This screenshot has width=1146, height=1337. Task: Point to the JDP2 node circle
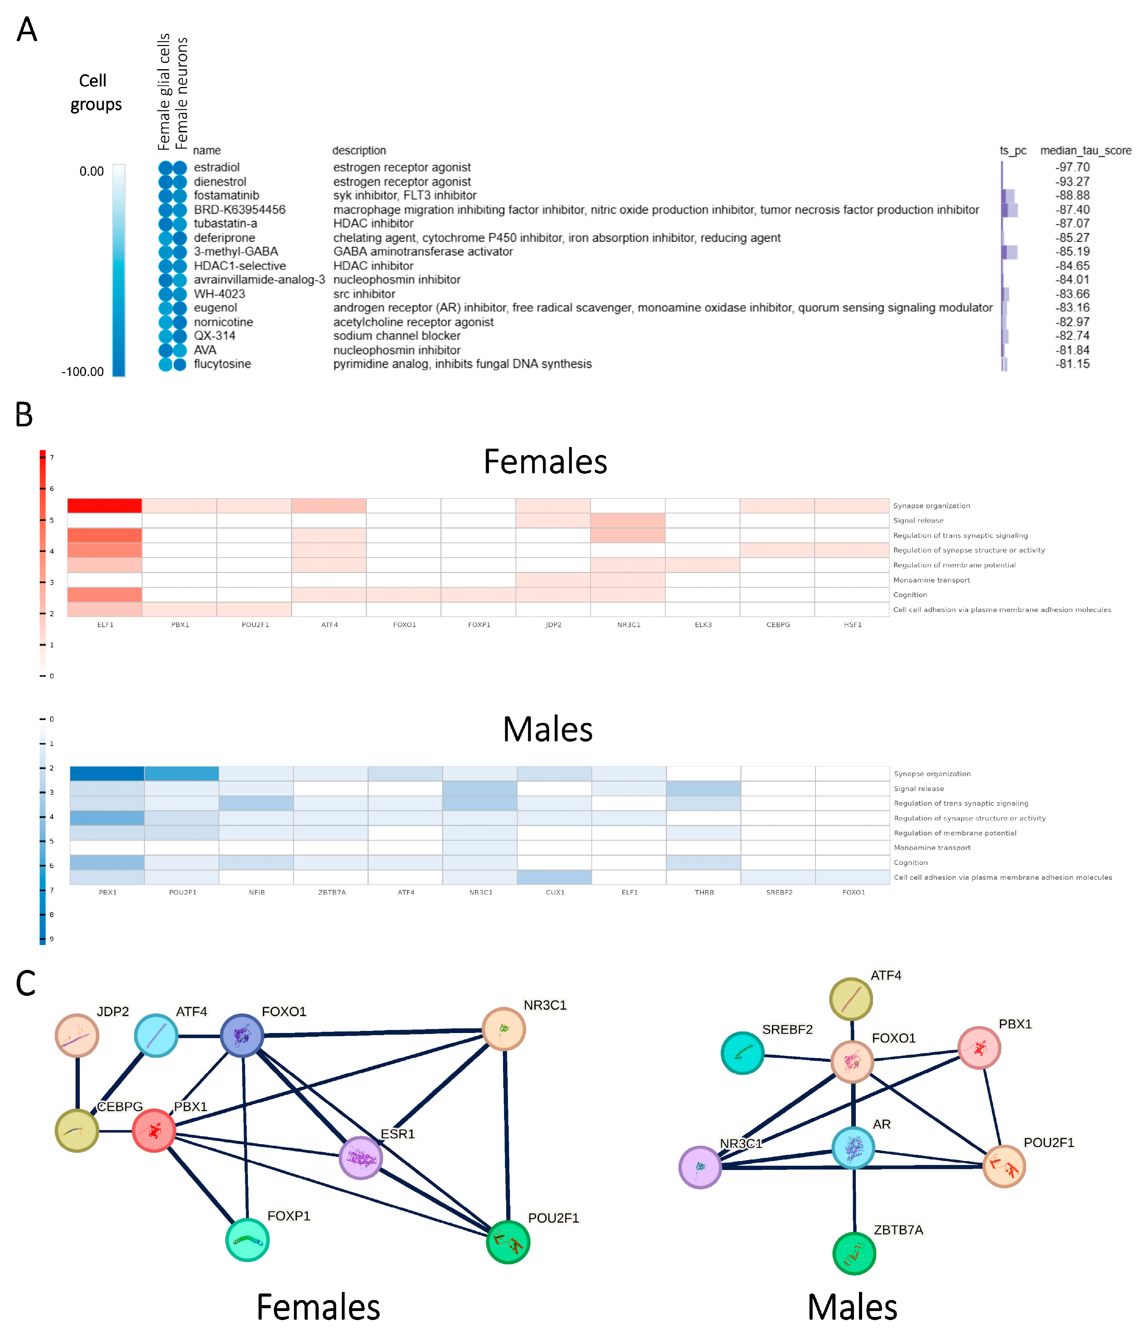77,1035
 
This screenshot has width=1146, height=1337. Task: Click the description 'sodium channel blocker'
397,336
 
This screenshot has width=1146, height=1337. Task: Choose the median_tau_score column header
1085,150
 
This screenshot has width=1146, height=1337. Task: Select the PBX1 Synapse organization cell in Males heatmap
107,774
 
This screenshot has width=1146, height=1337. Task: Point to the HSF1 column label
852,625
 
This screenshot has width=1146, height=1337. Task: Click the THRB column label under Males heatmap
704,892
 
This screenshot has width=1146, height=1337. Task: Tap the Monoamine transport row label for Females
931,580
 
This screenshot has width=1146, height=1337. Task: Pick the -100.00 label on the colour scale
83,372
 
